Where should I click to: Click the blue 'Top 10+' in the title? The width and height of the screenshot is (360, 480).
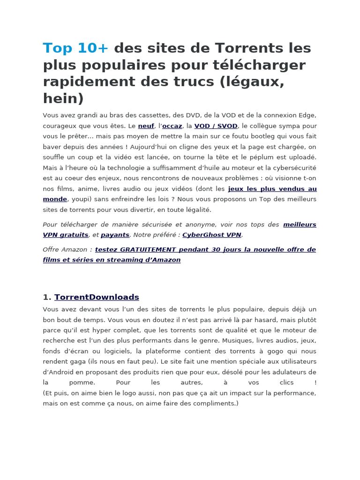tap(75, 48)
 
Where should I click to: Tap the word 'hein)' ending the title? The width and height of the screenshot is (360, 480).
tap(63, 98)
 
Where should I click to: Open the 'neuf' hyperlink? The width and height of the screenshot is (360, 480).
tap(146, 126)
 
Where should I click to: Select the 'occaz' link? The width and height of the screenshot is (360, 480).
tap(172, 126)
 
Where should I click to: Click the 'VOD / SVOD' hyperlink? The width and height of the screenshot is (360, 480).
tap(216, 126)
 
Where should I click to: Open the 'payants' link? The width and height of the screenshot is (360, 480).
tap(115, 235)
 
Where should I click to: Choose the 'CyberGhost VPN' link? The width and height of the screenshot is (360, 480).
tap(212, 235)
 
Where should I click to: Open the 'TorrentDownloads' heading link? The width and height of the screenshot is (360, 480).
tap(97, 297)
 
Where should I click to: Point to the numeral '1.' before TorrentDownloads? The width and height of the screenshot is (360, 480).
tap(46, 297)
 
